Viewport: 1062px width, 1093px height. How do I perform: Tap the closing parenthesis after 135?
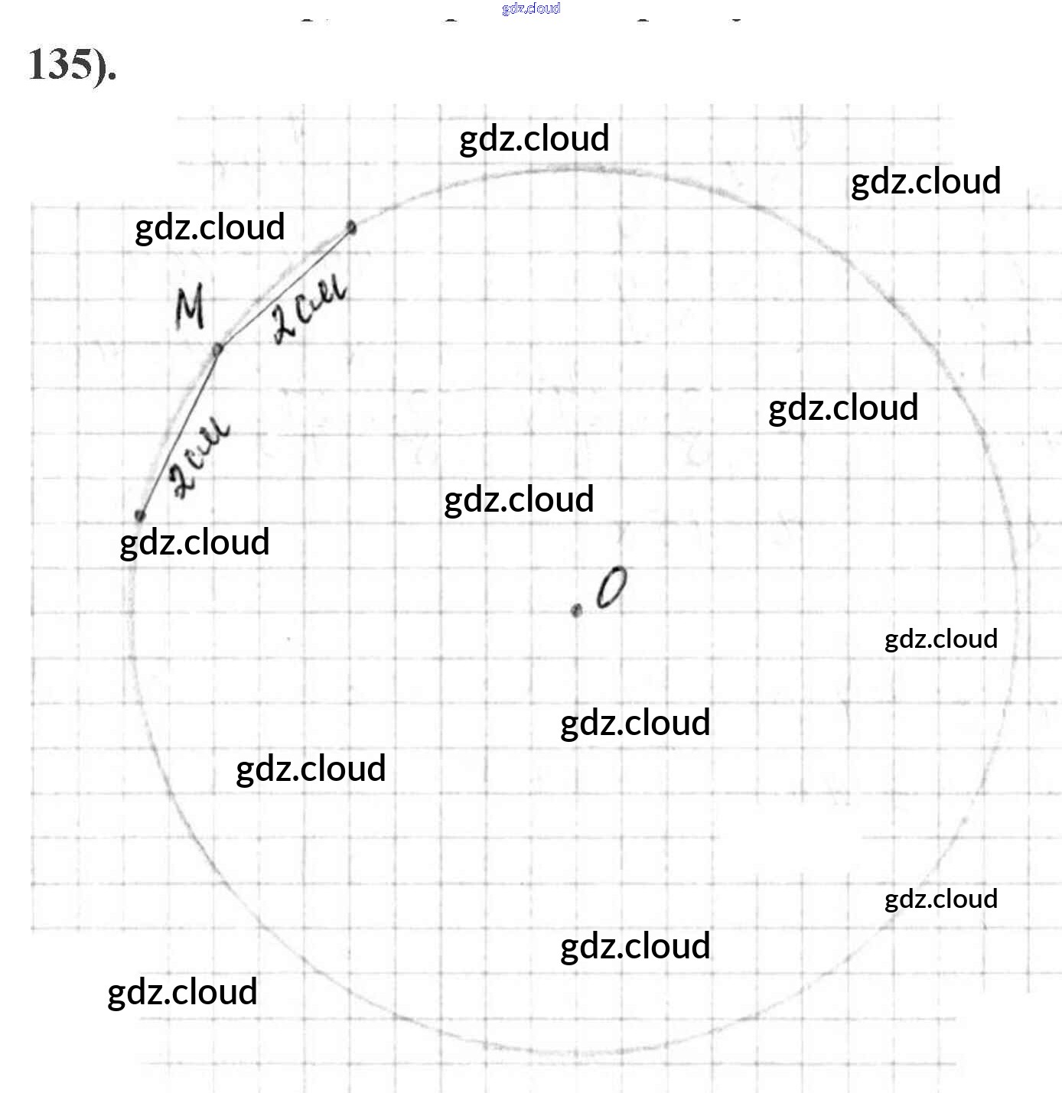[x=100, y=65]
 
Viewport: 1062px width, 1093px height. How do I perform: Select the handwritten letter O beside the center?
[x=610, y=588]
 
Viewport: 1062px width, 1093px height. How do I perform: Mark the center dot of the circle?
[x=577, y=610]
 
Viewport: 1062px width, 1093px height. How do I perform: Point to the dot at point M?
[x=218, y=349]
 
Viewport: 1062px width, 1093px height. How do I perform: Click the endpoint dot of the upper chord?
[x=351, y=226]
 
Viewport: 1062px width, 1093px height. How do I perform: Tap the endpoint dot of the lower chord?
[x=140, y=515]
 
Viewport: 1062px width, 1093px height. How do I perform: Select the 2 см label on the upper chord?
[x=308, y=313]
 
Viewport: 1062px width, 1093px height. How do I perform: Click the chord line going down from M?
[x=179, y=432]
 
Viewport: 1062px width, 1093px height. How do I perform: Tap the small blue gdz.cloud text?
[x=531, y=8]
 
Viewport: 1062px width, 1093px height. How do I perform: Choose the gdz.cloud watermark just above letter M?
[x=210, y=227]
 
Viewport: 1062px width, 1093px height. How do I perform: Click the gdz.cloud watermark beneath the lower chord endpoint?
[x=195, y=542]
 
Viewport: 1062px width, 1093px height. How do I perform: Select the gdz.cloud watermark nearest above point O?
[x=519, y=499]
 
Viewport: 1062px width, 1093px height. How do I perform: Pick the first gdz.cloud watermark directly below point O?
[x=635, y=723]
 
